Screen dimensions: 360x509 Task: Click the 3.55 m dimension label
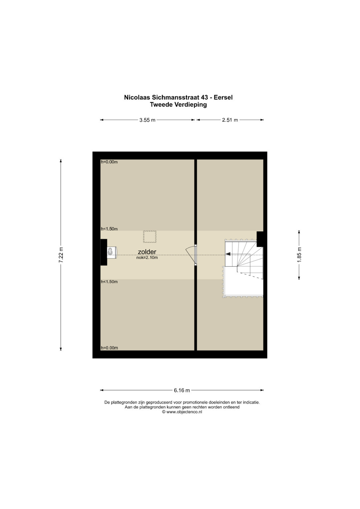tap(147, 120)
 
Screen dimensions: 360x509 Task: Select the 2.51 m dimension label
tap(230, 120)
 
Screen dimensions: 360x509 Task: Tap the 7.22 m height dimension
tap(61, 255)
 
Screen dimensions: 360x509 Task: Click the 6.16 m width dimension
tap(182, 390)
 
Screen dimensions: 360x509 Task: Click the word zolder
tap(147, 252)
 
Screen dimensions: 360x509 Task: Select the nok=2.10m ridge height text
tap(147, 258)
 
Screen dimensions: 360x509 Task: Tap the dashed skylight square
tap(150, 237)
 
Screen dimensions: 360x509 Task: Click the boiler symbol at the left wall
tap(112, 252)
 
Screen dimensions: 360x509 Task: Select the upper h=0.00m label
tap(109, 162)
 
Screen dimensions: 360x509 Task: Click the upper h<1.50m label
tap(109, 229)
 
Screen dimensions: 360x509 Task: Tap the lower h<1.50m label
tap(109, 282)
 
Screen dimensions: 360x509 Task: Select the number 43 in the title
tap(204, 97)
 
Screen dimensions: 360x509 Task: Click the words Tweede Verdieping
tap(178, 105)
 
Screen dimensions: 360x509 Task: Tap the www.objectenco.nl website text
tap(184, 412)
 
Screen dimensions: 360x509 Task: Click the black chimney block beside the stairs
tap(260, 239)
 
